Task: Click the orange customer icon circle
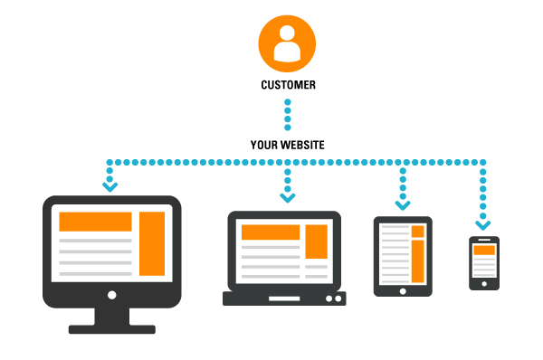coord(287,40)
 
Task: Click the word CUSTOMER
coord(287,86)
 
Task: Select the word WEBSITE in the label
coord(304,144)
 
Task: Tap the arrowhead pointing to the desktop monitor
coord(110,186)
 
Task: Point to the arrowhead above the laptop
coord(287,196)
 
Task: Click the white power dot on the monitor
coord(111,294)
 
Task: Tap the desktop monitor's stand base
coord(111,328)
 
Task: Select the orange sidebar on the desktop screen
coord(152,243)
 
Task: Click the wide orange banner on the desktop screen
coord(96,222)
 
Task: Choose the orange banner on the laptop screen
coord(270,232)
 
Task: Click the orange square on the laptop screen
coord(316,242)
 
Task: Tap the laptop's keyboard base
coord(283,297)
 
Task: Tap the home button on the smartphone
coord(484,283)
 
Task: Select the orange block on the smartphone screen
coord(484,250)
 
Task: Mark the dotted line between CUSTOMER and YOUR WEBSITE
coord(287,114)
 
